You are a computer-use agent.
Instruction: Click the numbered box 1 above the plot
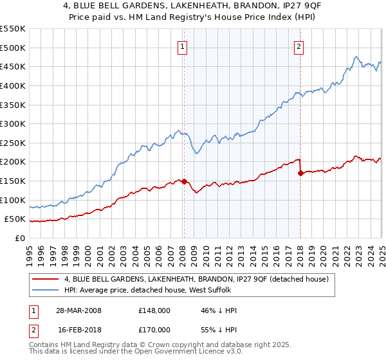(x=183, y=46)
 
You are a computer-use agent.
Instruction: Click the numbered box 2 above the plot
(x=300, y=46)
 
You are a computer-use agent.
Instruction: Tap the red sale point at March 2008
(x=184, y=181)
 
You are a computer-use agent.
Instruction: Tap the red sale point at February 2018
(x=300, y=173)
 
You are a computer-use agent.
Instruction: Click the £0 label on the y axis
(x=19, y=238)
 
